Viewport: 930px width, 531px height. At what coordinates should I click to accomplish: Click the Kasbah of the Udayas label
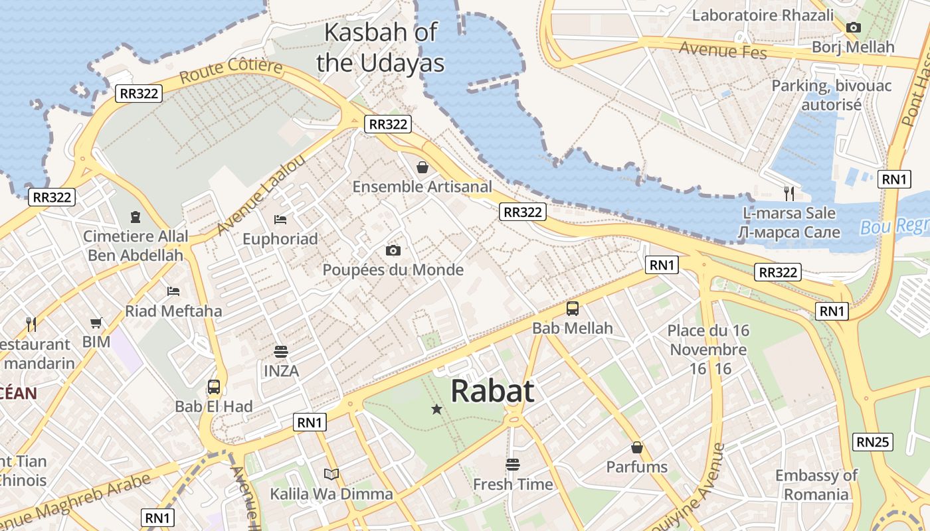coord(380,47)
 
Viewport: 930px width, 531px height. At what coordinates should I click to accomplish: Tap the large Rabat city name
coord(492,391)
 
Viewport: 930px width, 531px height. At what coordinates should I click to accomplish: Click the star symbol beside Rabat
coord(436,410)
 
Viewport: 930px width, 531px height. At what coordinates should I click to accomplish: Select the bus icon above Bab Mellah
coord(572,309)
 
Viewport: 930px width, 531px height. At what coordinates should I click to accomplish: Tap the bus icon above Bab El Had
coord(214,387)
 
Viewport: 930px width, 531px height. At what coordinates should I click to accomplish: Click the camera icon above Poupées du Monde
coord(393,250)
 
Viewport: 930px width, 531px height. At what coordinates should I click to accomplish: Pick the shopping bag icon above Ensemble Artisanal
coord(422,167)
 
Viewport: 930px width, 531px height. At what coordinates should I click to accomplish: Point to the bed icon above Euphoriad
coord(280,219)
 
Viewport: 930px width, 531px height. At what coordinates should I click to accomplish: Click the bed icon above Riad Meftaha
coord(173,291)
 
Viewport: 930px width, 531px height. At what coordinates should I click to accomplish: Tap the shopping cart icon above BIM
coord(96,323)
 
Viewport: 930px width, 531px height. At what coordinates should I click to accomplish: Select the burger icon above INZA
coord(281,351)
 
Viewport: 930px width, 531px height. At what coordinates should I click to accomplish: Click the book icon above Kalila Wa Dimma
coord(331,474)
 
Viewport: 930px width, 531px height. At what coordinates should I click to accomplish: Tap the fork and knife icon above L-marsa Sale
coord(789,193)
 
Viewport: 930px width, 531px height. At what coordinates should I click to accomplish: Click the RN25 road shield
coord(873,441)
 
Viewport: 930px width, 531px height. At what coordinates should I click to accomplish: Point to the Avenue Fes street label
coord(723,50)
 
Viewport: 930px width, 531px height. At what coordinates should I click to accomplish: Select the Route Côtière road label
coord(231,72)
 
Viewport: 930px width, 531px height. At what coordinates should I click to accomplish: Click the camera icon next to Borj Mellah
coord(854,28)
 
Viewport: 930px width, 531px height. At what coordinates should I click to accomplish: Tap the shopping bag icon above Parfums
coord(637,447)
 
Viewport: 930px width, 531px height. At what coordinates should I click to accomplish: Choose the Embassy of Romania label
coord(816,485)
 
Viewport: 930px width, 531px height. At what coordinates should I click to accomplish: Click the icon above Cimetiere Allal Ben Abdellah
coord(136,216)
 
